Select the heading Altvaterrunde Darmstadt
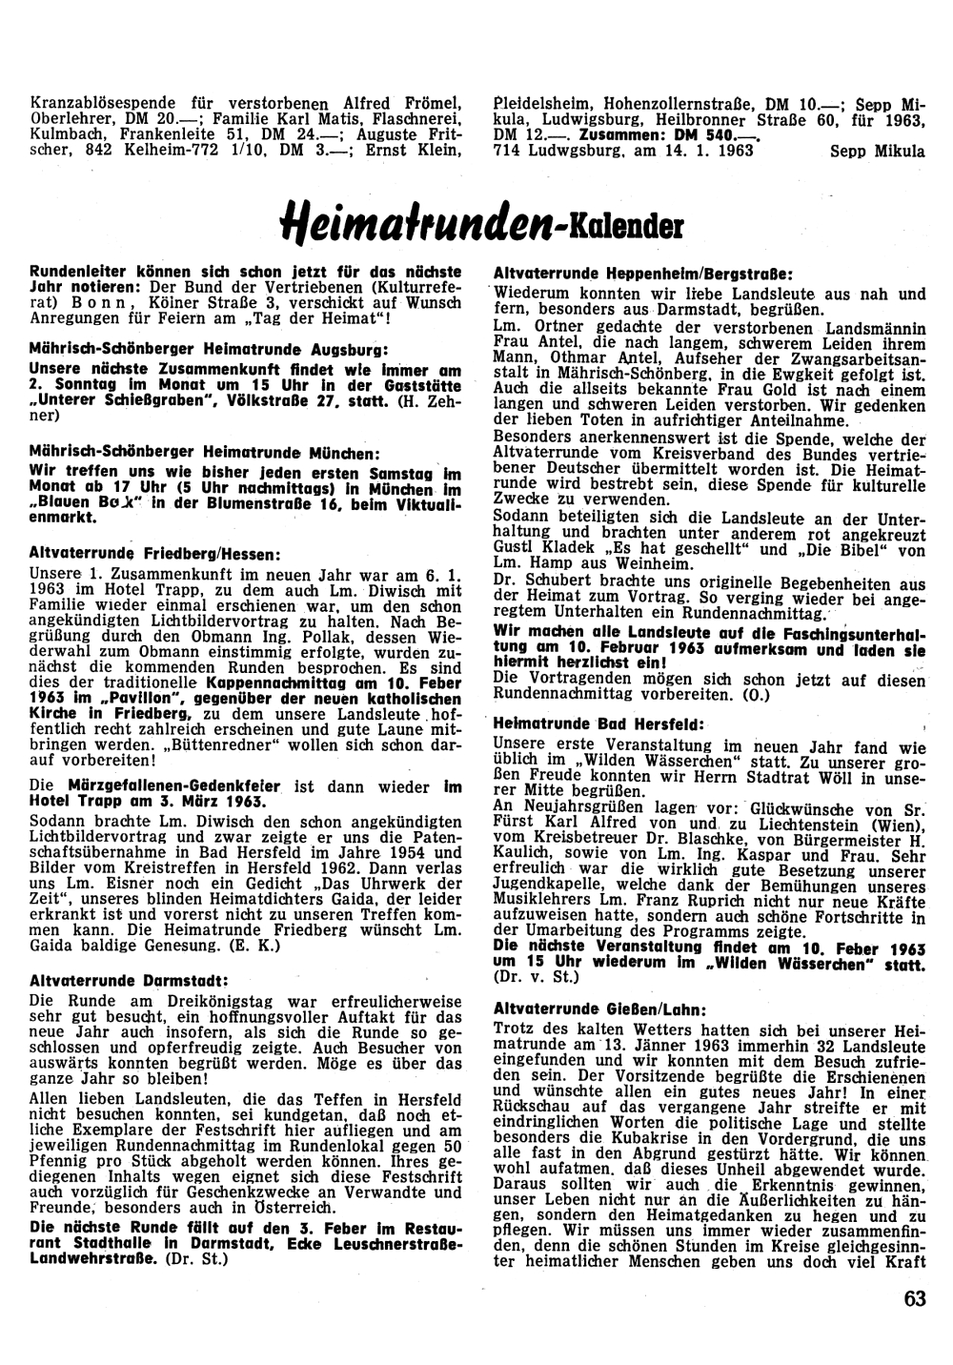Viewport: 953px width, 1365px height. coord(129,980)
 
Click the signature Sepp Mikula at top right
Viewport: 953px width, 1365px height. coord(877,151)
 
